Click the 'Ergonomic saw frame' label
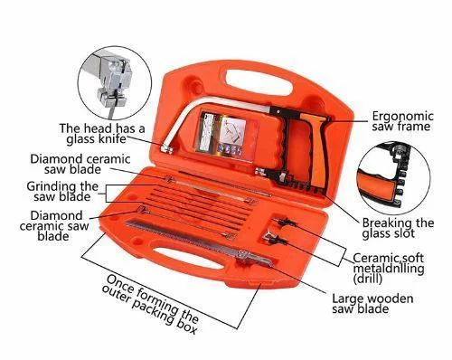[x=402, y=121]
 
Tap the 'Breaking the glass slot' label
[x=398, y=228]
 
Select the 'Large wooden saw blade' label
[x=372, y=304]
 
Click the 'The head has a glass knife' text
[x=102, y=134]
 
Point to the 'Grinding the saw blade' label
[x=62, y=192]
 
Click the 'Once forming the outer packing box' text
[x=150, y=304]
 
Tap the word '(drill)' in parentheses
[x=367, y=279]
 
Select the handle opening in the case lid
[x=259, y=82]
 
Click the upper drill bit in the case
[x=285, y=223]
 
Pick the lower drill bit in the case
[x=274, y=237]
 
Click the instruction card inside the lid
[x=227, y=133]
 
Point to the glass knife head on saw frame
[x=166, y=149]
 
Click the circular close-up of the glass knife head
[x=115, y=83]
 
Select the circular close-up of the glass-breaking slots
[x=394, y=177]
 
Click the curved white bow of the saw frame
[x=193, y=116]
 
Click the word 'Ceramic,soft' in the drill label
[x=388, y=258]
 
